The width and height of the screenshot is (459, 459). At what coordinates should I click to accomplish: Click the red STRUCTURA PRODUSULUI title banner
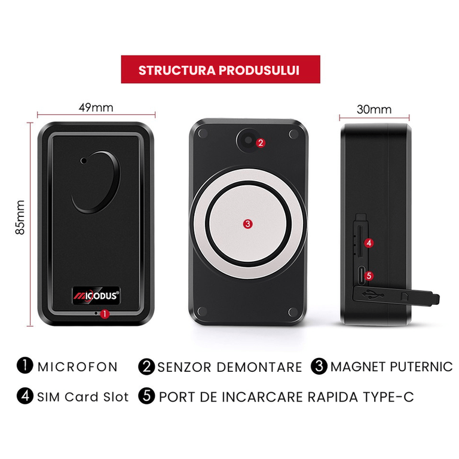pyautogui.click(x=221, y=69)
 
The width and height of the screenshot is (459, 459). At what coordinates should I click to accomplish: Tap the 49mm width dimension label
pyautogui.click(x=96, y=108)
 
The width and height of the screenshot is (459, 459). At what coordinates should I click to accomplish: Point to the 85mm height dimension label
pyautogui.click(x=20, y=217)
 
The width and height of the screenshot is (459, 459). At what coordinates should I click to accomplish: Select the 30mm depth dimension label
pyautogui.click(x=374, y=109)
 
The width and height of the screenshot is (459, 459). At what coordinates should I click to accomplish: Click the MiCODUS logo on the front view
pyautogui.click(x=96, y=296)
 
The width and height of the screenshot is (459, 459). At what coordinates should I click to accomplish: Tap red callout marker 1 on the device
pyautogui.click(x=105, y=314)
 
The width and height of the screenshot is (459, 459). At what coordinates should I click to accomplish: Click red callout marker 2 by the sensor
pyautogui.click(x=261, y=143)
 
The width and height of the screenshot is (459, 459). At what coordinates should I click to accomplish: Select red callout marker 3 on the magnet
pyautogui.click(x=247, y=224)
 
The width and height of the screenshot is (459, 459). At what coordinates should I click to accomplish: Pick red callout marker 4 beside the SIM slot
pyautogui.click(x=369, y=243)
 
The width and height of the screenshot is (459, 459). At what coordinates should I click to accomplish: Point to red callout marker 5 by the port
pyautogui.click(x=369, y=276)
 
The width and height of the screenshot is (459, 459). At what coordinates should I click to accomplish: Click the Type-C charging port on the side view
pyautogui.click(x=361, y=276)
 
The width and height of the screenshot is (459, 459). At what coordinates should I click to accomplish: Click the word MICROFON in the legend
pyautogui.click(x=78, y=367)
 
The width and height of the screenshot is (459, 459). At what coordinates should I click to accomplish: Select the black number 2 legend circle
pyautogui.click(x=146, y=366)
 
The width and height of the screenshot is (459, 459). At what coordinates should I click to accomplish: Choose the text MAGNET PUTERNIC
pyautogui.click(x=391, y=367)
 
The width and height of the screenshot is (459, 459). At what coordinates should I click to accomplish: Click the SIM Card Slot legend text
pyautogui.click(x=83, y=397)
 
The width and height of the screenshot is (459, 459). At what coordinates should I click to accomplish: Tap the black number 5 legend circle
pyautogui.click(x=146, y=396)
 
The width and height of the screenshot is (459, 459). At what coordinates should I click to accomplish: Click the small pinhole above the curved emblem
pyautogui.click(x=84, y=160)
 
